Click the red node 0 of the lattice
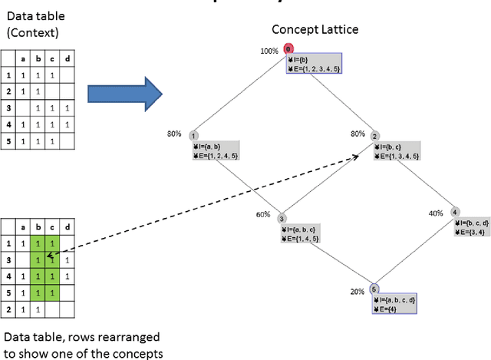288,49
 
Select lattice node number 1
193,136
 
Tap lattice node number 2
375,136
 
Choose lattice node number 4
455,212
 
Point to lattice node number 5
374,289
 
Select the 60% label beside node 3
263,215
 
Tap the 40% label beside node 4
435,213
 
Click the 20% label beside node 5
358,292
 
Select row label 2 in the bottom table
8,307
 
